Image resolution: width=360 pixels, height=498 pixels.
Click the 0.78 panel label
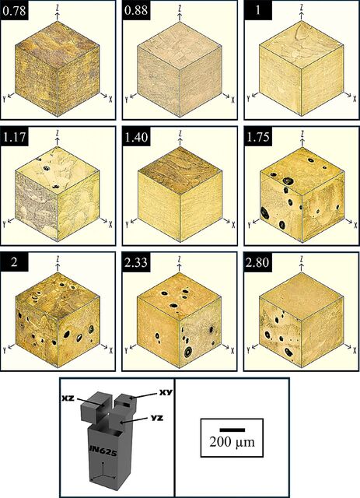14,10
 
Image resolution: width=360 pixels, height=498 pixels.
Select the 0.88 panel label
136,10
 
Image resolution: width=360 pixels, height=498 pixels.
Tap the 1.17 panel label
14,137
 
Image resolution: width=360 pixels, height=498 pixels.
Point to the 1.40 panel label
136,137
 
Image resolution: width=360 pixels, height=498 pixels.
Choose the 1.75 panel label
258,137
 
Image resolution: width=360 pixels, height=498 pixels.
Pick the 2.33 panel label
136,263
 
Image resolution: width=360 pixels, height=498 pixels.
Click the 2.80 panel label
258,263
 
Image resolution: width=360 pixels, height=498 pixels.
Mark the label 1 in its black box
258,10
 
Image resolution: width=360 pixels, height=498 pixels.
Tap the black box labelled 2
14,262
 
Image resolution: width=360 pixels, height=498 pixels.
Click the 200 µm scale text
232,442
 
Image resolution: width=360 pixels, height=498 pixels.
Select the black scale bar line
232,430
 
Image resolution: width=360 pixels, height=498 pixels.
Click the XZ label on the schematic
68,398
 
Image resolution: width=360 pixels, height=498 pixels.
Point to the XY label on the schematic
166,392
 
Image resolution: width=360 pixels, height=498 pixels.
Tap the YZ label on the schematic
157,418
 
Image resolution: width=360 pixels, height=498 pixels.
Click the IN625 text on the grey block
103,452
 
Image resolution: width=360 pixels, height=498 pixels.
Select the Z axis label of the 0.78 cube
58,6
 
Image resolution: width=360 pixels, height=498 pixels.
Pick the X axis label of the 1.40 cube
233,225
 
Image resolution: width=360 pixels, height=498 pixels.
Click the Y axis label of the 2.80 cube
249,350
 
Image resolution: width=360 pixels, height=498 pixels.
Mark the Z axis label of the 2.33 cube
180,258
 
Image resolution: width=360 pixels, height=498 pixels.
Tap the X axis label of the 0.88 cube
233,100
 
